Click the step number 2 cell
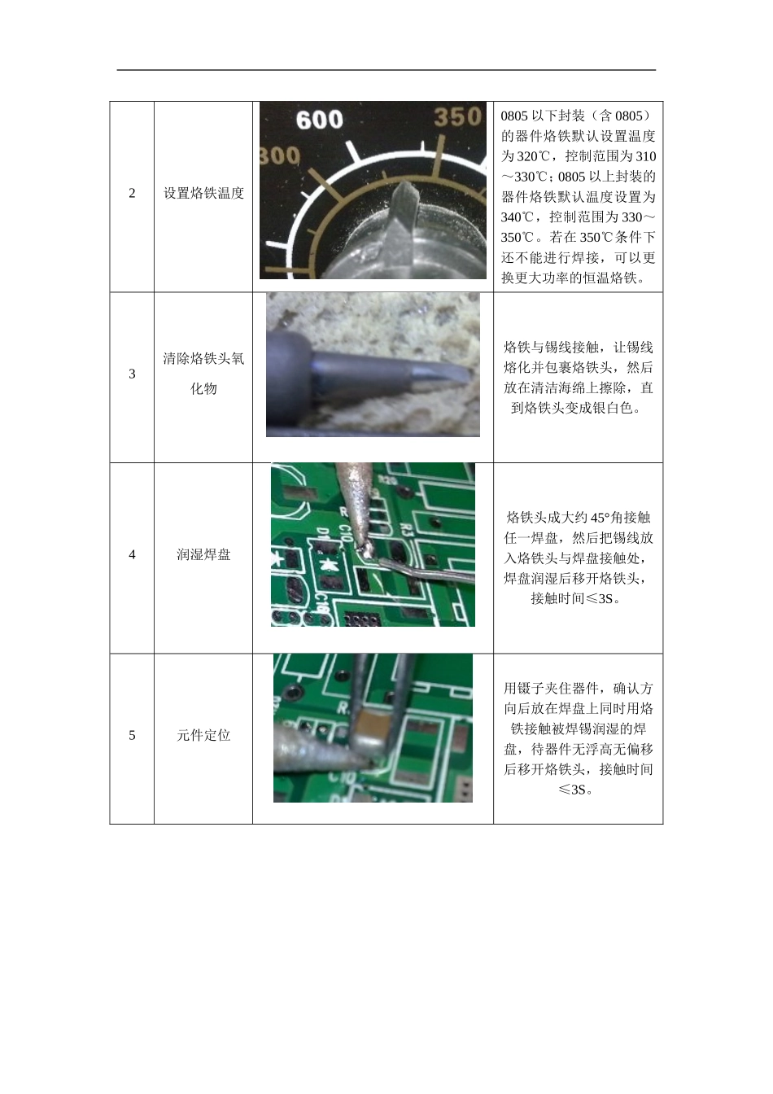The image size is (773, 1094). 132,194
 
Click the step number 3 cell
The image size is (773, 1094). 132,374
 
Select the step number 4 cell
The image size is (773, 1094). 132,555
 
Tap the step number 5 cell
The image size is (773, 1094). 132,736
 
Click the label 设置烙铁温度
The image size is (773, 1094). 203,194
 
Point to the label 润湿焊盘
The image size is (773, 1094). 203,555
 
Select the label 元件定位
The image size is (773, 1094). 203,736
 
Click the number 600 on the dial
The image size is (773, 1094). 319,120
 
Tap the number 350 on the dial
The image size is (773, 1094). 457,116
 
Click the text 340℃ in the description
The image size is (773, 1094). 517,217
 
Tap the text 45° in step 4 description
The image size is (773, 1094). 600,518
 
